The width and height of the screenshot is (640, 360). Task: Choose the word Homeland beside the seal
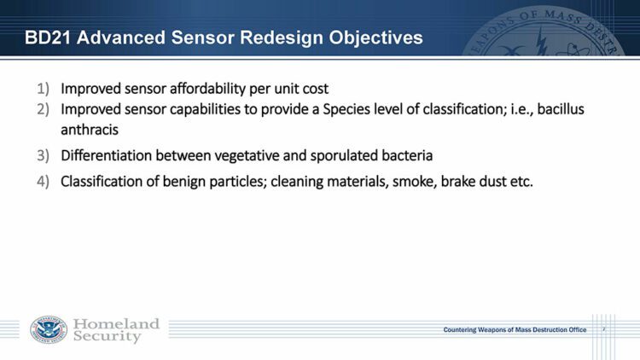116,323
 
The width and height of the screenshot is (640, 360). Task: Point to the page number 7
603,329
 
